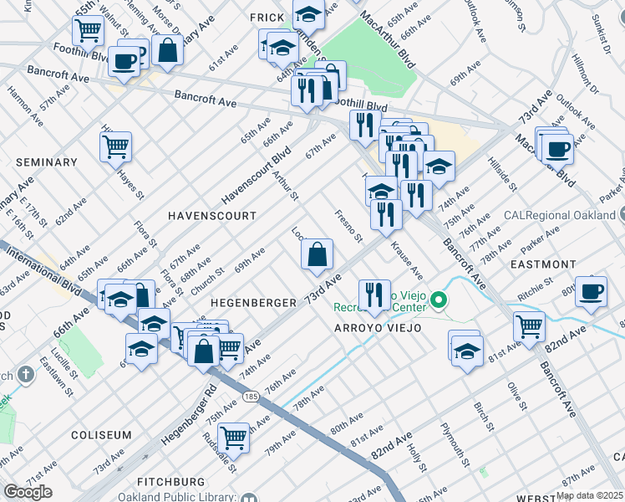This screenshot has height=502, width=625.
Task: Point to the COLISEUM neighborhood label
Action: [101, 435]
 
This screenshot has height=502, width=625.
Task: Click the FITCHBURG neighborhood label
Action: [172, 482]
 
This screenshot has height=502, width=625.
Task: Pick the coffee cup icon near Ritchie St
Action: [592, 291]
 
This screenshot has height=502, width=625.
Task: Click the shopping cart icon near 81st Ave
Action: [530, 326]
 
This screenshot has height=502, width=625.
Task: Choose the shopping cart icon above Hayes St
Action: [115, 147]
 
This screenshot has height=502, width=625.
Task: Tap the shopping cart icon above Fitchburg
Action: [233, 437]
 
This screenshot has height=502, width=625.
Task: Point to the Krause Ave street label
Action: [405, 262]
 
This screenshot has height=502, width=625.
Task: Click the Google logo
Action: [28, 492]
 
